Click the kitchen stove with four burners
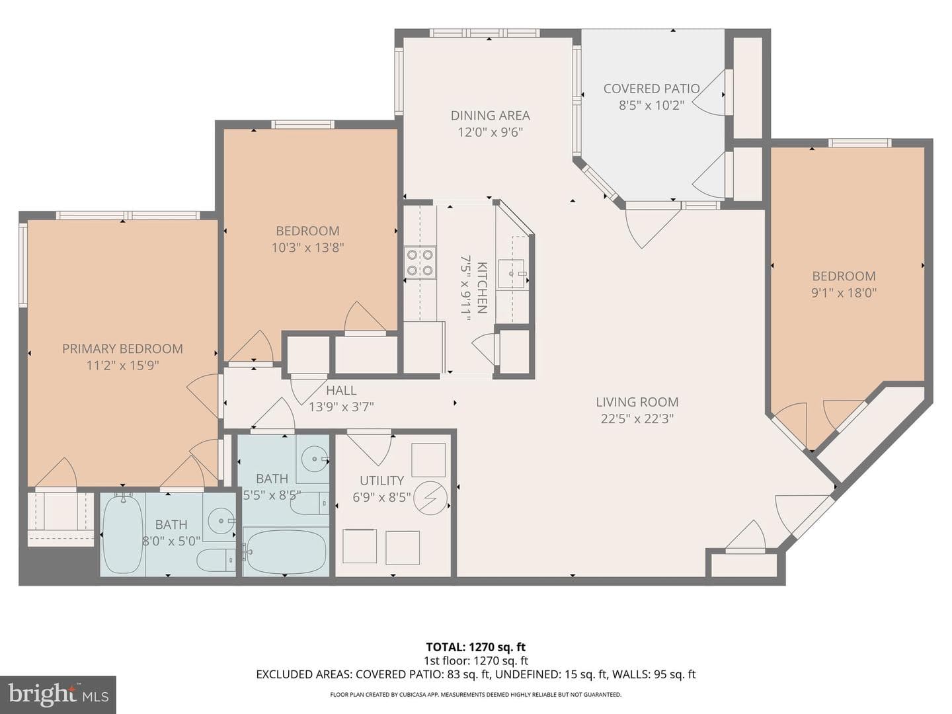point(420,262)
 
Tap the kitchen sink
point(512,274)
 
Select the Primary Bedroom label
point(122,348)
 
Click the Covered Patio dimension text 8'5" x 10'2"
point(651,105)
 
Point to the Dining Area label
point(490,115)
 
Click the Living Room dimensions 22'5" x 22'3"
point(637,418)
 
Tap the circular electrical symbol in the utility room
point(430,498)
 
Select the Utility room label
point(381,481)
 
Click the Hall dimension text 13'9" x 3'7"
point(341,407)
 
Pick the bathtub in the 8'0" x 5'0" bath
point(123,535)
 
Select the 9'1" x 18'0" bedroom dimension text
point(844,293)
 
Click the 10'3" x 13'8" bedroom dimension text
point(307,247)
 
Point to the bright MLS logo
point(58,695)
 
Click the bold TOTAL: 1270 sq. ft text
point(476,647)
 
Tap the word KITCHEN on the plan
point(482,288)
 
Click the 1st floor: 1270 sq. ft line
point(476,660)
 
